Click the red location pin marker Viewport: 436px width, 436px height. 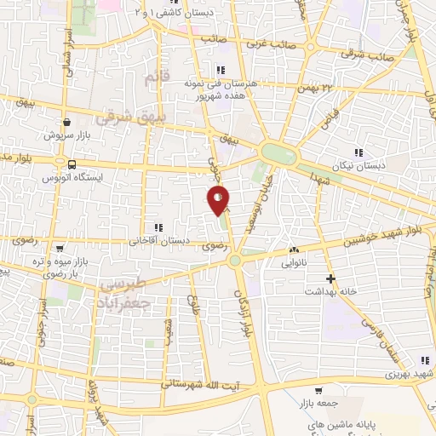(x=219, y=201)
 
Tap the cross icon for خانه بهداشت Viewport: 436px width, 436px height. (x=331, y=278)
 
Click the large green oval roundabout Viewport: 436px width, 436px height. (x=278, y=154)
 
